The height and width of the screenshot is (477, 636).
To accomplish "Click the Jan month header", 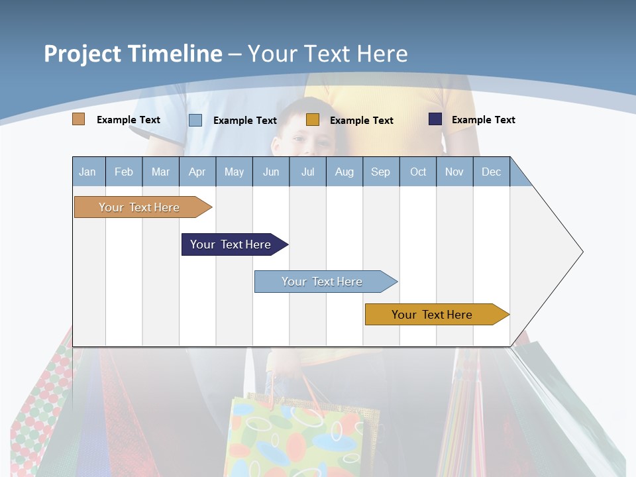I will [87, 172].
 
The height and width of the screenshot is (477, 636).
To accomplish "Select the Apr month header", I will [197, 172].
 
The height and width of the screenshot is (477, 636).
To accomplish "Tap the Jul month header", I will [307, 172].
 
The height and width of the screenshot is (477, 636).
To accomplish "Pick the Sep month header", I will [380, 172].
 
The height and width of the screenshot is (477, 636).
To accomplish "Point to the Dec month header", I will [491, 172].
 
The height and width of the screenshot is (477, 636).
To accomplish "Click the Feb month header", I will [124, 172].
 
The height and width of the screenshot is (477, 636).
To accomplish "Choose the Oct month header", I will [418, 172].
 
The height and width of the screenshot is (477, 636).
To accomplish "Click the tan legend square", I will [78, 119].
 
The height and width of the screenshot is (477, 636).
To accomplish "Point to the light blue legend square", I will [195, 120].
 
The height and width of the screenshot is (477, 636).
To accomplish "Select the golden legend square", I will [313, 120].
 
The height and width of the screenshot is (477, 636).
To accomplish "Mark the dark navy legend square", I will [435, 119].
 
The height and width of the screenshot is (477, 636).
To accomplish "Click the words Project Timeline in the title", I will [132, 54].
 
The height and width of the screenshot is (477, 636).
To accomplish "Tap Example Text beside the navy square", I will [483, 120].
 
